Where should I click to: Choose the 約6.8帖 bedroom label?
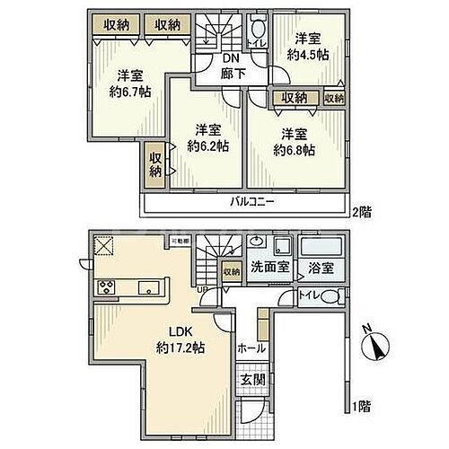295,141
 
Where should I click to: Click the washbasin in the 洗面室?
258,243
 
